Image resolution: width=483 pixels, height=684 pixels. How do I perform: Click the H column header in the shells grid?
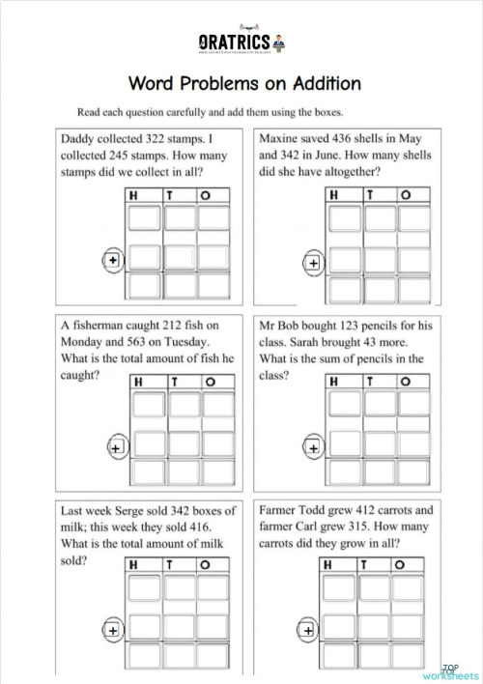pyautogui.click(x=336, y=195)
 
